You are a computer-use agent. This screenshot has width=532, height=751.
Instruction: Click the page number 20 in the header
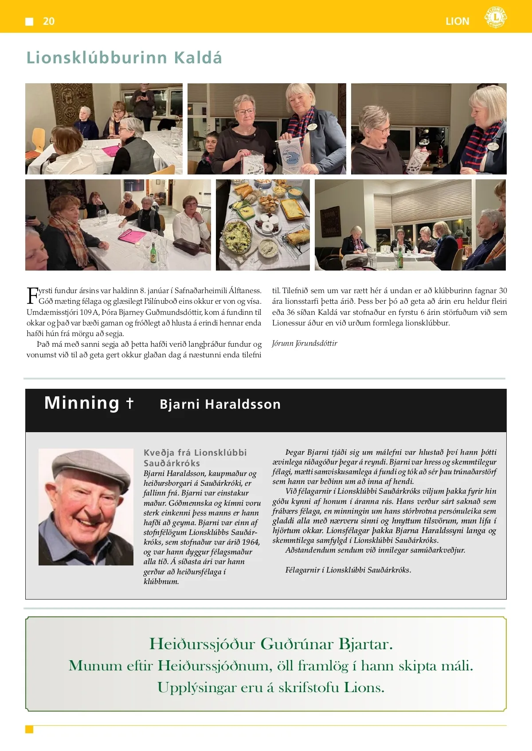tap(49, 21)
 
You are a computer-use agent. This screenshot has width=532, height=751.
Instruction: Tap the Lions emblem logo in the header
tap(495, 17)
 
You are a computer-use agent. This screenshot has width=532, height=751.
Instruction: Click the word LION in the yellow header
tap(457, 21)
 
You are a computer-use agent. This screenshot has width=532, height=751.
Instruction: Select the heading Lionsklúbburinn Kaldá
tap(124, 58)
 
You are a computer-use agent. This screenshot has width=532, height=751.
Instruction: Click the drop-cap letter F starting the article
tap(32, 295)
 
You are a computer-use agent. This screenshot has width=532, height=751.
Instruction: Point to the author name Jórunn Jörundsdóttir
tap(305, 343)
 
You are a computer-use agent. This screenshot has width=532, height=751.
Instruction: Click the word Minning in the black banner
tap(82, 403)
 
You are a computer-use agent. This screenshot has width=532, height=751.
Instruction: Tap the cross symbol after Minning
tap(129, 403)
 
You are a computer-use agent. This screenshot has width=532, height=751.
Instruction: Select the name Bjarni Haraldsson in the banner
tap(220, 404)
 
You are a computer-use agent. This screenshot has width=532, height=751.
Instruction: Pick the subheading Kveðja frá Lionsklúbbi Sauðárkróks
tap(195, 458)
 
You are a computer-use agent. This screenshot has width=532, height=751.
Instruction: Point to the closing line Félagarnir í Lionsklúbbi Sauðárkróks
tap(348, 570)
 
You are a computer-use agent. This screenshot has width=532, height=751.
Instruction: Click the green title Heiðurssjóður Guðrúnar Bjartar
tap(271, 644)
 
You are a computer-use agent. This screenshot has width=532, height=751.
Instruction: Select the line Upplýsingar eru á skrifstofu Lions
tap(271, 687)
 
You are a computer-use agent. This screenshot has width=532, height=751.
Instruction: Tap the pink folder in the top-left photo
tap(110, 151)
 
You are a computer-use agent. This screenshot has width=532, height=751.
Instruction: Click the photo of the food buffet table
tap(263, 225)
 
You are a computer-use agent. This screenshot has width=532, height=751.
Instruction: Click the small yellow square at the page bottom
tap(29, 729)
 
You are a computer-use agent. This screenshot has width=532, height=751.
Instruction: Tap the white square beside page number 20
tap(30, 21)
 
